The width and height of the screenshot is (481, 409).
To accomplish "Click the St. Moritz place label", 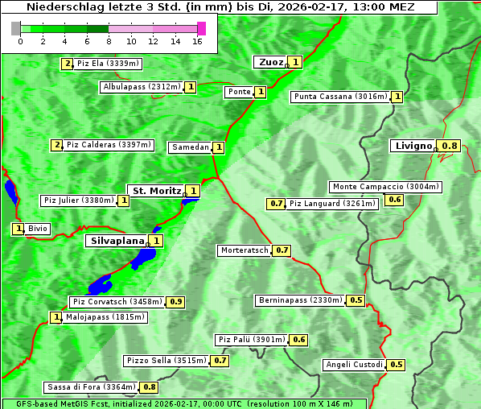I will pyautogui.click(x=155, y=191).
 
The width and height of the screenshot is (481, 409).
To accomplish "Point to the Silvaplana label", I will pyautogui.click(x=117, y=240).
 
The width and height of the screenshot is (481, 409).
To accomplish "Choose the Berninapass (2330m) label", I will pyautogui.click(x=301, y=300).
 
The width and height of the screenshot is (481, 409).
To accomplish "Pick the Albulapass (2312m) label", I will pyautogui.click(x=142, y=87).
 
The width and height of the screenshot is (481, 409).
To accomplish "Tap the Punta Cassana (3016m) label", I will pyautogui.click(x=340, y=97).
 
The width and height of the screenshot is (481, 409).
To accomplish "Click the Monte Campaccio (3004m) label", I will pyautogui.click(x=386, y=187).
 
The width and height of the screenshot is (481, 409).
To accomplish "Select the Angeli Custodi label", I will pyautogui.click(x=354, y=365).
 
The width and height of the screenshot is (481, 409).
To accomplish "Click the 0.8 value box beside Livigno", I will pyautogui.click(x=450, y=146).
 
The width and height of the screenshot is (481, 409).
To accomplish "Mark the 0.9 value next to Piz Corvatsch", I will pyautogui.click(x=176, y=302).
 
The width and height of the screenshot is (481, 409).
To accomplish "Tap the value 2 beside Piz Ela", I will pyautogui.click(x=68, y=63).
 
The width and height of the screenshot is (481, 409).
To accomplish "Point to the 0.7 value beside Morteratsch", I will pyautogui.click(x=282, y=250).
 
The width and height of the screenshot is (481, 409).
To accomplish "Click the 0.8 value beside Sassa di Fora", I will pyautogui.click(x=150, y=387).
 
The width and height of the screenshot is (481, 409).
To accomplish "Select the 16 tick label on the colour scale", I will pyautogui.click(x=197, y=41).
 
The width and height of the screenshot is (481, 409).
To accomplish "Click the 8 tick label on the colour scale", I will pyautogui.click(x=109, y=41).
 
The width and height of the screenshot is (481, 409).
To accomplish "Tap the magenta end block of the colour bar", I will pyautogui.click(x=201, y=28).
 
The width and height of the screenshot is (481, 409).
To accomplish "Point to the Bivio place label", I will pyautogui.click(x=38, y=229).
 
